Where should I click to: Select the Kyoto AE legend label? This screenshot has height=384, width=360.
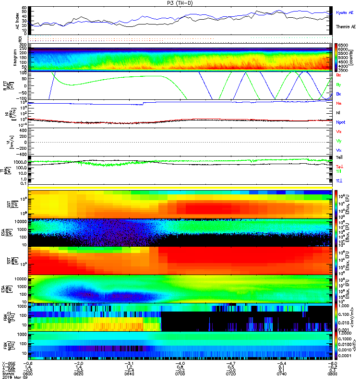pyautogui.click(x=344, y=12)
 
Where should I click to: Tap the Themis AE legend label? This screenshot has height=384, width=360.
pyautogui.click(x=345, y=27)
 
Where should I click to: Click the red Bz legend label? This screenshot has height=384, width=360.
pyautogui.click(x=338, y=75)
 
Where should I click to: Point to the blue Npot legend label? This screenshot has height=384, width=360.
pyautogui.click(x=341, y=122)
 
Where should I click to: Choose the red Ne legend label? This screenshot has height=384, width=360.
pyautogui.click(x=338, y=103)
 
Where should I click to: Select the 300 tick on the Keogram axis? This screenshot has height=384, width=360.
pyautogui.click(x=23, y=45)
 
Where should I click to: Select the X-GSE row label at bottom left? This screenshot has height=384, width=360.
pyautogui.click(x=8, y=363)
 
